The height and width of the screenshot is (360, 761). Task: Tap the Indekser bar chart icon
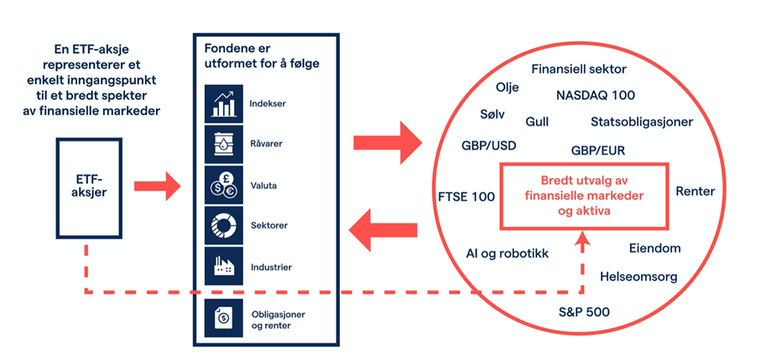pos(223,103)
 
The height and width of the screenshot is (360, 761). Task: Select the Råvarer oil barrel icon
pos(223,143)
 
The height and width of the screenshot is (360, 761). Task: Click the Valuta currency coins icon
pos(223,185)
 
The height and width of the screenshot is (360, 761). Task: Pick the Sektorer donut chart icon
pos(223,226)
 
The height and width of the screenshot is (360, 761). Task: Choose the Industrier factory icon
pos(223,267)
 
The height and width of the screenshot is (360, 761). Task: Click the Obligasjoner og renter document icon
pos(223,318)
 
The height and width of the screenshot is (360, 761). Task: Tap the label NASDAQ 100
pos(596,95)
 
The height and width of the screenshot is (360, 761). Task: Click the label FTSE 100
pos(467,196)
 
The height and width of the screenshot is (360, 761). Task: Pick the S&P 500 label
pos(584,312)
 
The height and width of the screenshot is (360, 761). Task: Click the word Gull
pos(537,122)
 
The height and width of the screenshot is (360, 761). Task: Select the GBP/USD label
pos(489,145)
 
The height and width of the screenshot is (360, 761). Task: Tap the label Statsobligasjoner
pos(642,122)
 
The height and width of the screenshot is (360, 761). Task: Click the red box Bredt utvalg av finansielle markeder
pos(584,196)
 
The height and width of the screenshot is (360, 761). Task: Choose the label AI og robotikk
pos(508,253)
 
